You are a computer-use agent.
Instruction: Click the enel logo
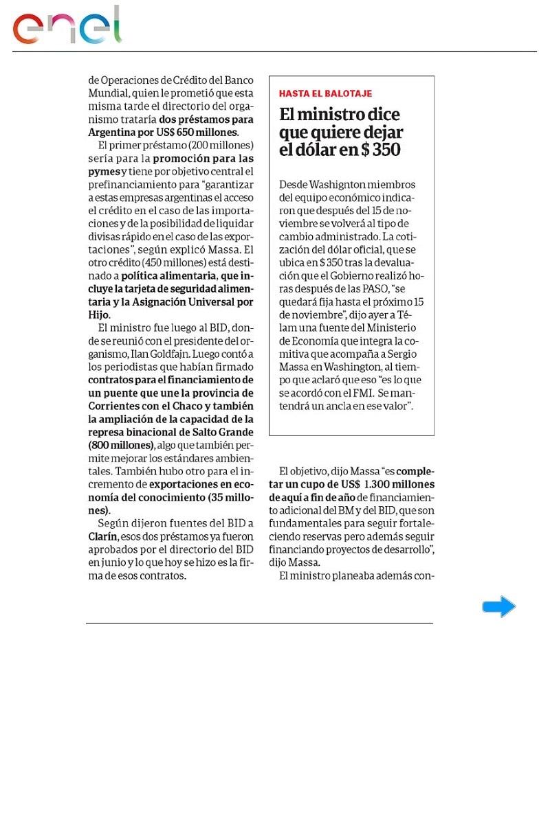[x=67, y=27]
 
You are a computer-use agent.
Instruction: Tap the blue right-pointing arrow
[x=498, y=606]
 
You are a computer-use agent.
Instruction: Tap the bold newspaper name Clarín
[x=102, y=536]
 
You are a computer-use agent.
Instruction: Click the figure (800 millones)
[x=120, y=444]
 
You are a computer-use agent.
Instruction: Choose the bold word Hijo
[x=99, y=314]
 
